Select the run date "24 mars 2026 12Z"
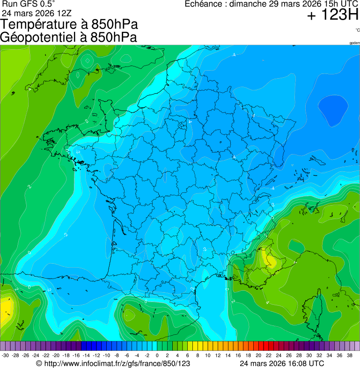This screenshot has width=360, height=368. pyautogui.click(x=37, y=13)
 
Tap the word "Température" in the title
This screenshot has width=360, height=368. pyautogui.click(x=41, y=24)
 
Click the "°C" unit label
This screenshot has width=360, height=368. pyautogui.click(x=357, y=30)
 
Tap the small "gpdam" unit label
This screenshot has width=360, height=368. pyautogui.click(x=354, y=43)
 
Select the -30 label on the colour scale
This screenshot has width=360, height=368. pyautogui.click(x=5, y=355)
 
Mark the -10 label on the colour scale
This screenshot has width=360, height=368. pyautogui.click(x=106, y=355)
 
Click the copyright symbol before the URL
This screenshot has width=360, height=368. pyautogui.click(x=39, y=363)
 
